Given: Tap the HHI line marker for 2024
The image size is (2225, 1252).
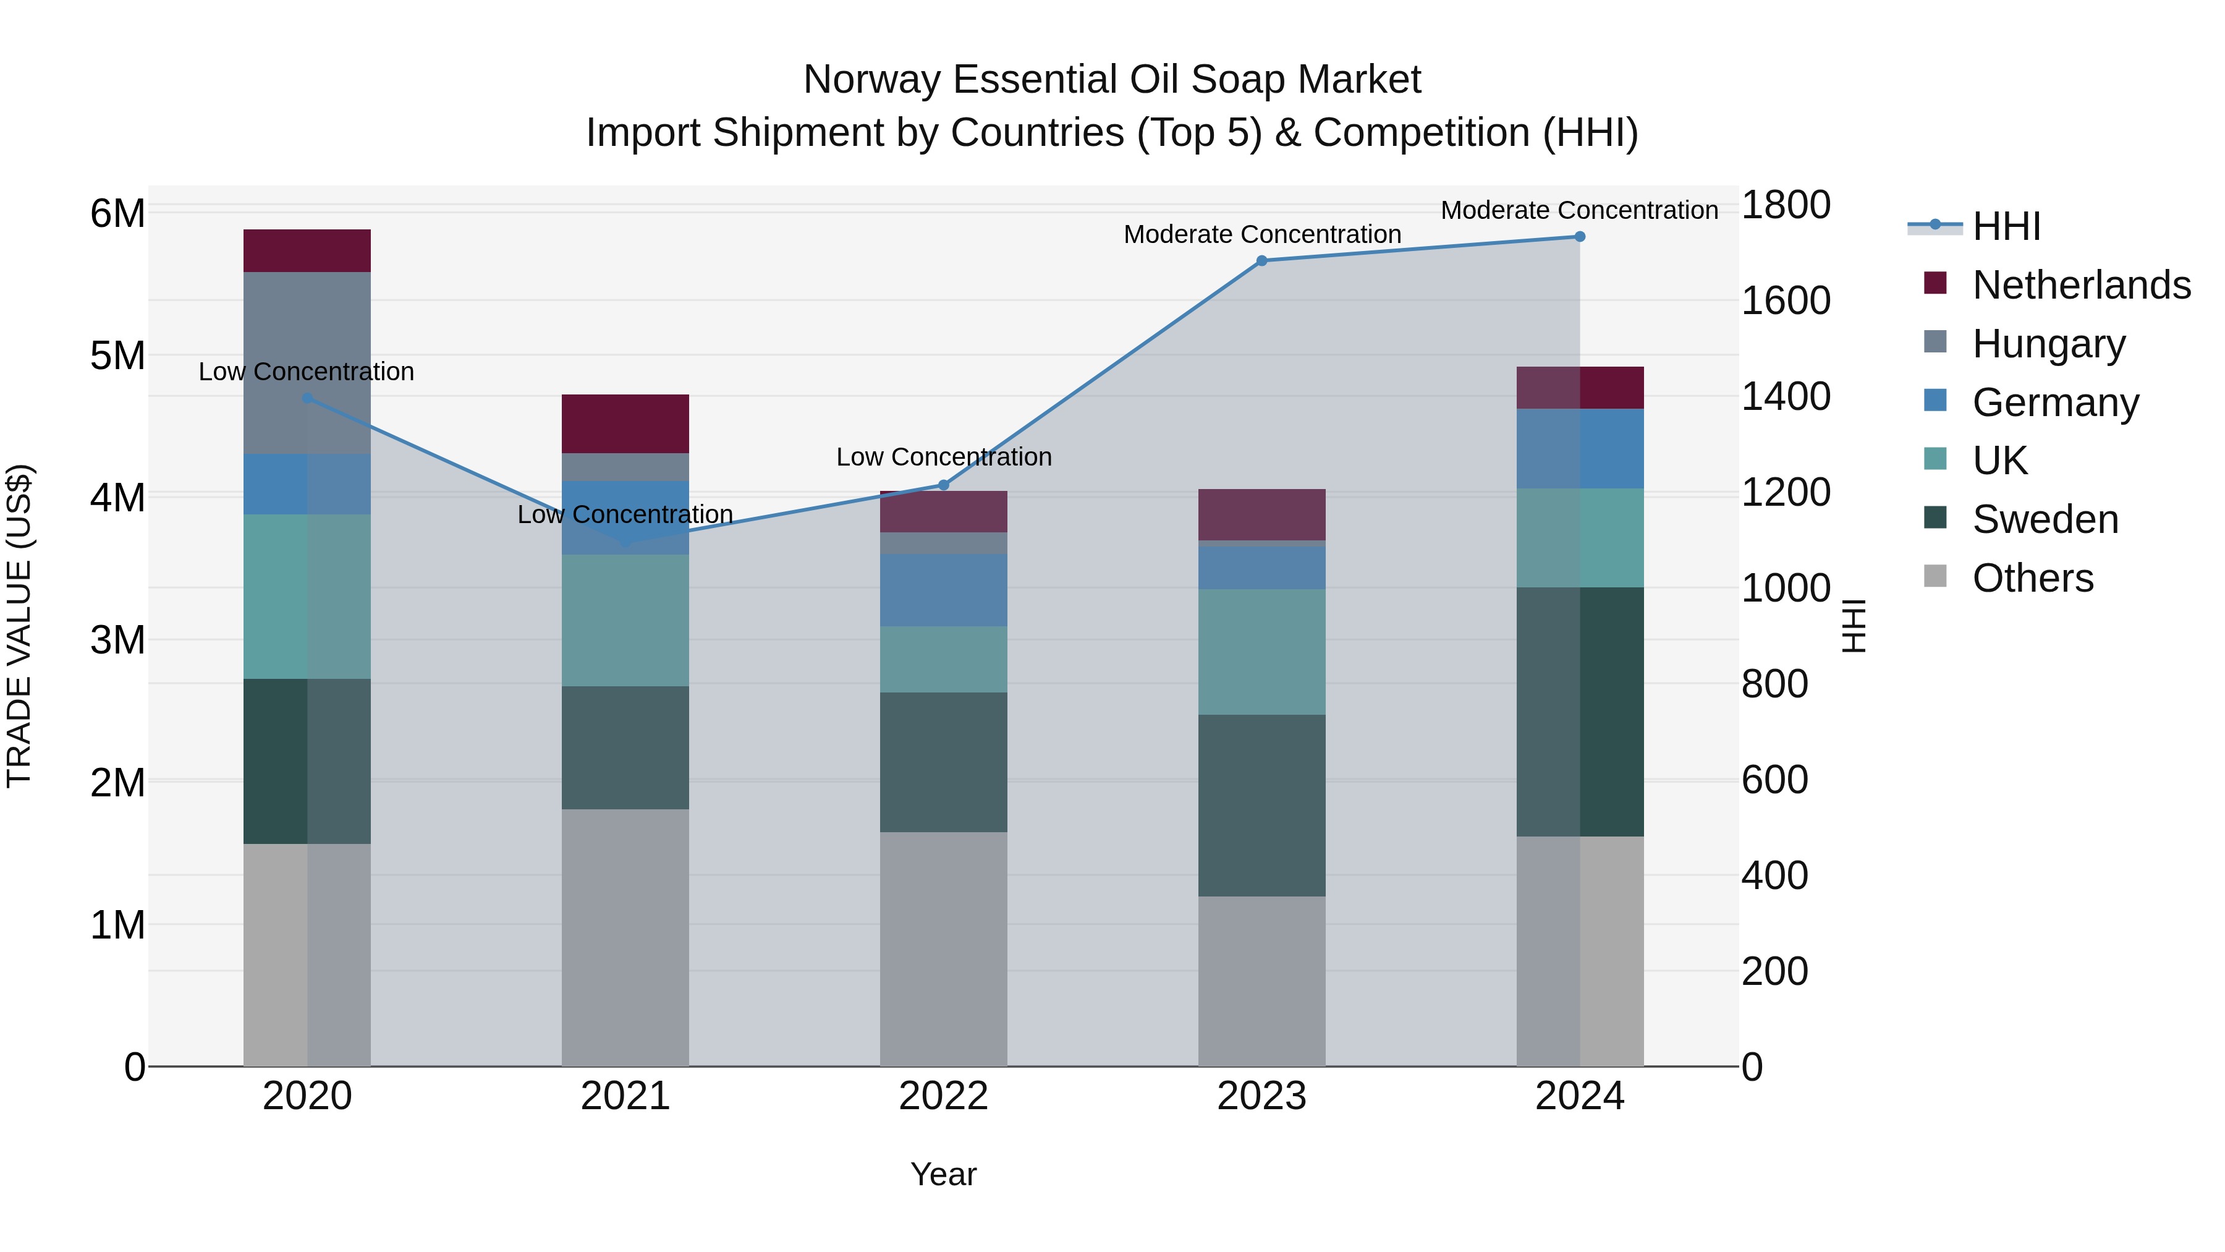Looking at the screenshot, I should pos(1580,236).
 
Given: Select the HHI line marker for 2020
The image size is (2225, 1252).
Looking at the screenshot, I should pos(308,398).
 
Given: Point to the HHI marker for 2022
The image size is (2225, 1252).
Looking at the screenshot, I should pos(943,485).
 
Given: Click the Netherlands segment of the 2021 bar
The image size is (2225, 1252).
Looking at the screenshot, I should pos(625,424).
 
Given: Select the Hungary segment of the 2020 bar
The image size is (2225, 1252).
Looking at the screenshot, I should pos(308,363).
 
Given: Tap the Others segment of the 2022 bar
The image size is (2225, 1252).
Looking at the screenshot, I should pos(943,948).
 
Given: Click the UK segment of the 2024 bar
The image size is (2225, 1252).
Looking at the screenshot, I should pos(1580,537).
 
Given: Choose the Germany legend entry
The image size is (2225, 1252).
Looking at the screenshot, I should pos(2055,402).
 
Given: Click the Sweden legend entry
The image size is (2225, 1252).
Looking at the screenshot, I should pos(2045,519).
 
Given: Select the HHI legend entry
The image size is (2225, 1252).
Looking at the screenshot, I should pos(2006,226).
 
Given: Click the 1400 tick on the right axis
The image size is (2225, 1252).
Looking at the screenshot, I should pos(1786,396).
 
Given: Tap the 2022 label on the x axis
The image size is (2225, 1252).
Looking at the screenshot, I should pos(943,1096).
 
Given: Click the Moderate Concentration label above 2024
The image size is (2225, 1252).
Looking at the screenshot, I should pos(1579,210).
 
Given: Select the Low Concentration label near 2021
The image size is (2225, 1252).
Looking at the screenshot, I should pos(625,514).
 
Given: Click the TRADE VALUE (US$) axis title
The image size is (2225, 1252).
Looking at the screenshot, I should pos(19,626).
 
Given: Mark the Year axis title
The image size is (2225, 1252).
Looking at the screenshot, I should pos(943,1174).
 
